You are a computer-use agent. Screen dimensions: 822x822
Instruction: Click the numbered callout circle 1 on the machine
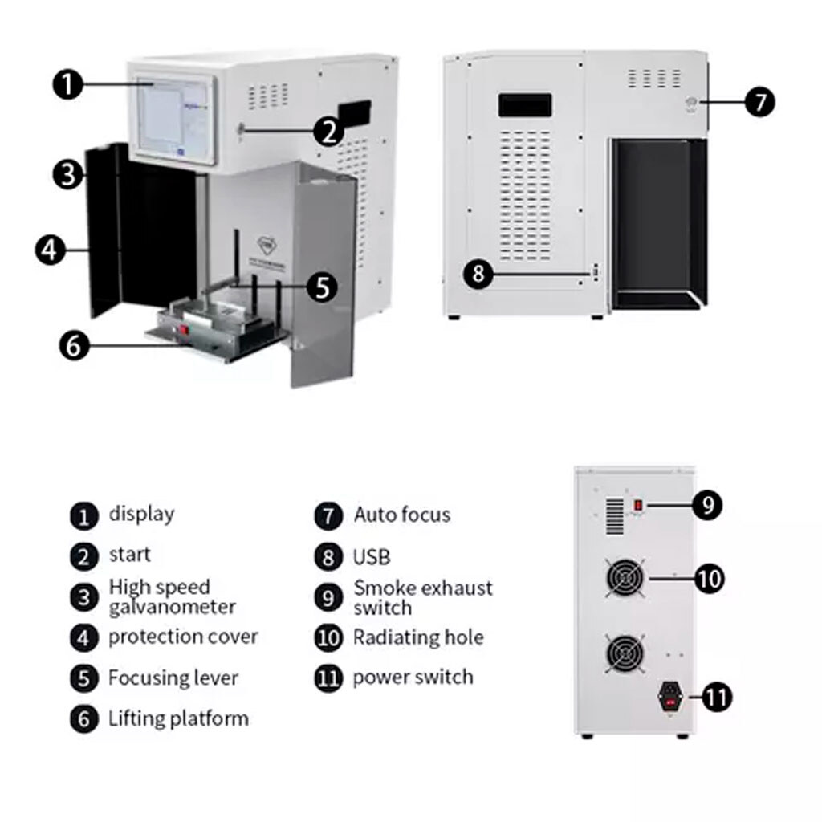(70, 84)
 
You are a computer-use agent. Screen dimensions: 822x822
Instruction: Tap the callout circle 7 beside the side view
(759, 102)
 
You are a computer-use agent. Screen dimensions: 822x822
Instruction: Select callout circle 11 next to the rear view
(717, 696)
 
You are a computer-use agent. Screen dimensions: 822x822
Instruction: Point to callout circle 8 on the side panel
(479, 274)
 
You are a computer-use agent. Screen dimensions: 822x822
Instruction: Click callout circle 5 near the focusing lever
(322, 287)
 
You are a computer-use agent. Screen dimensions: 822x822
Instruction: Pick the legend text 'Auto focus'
(401, 515)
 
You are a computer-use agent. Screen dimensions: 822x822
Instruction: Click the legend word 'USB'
(372, 556)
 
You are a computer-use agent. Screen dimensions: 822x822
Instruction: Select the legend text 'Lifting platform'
(178, 718)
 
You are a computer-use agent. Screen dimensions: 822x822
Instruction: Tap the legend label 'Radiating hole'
(418, 637)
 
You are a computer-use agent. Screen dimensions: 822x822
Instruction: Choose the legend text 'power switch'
(413, 678)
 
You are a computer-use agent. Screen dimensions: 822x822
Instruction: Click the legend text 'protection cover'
(183, 637)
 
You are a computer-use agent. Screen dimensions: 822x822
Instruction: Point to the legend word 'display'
(141, 514)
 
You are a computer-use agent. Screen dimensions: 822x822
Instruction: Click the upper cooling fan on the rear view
(626, 578)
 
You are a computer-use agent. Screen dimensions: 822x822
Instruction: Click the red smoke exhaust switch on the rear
(639, 505)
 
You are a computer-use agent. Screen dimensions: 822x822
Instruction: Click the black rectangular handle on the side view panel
(525, 105)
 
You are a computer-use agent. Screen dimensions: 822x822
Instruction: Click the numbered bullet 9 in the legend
(328, 597)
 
